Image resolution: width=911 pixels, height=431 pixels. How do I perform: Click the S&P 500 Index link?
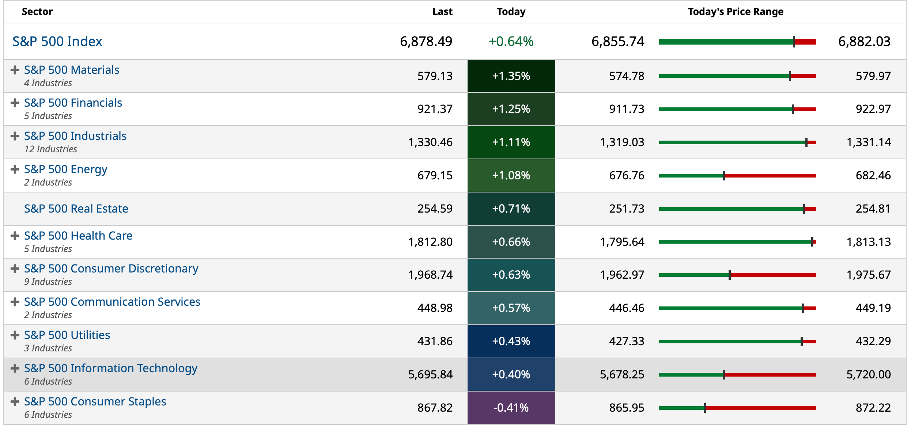click(57, 41)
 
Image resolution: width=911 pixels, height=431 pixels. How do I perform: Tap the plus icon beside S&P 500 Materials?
click(15, 70)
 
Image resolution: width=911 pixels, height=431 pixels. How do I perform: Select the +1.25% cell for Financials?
click(511, 109)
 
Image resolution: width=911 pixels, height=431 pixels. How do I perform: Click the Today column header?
click(511, 12)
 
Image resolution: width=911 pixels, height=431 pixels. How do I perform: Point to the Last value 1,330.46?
click(430, 142)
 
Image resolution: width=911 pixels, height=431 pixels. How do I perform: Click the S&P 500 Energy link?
click(66, 169)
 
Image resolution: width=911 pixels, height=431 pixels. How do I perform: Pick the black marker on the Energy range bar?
click(724, 176)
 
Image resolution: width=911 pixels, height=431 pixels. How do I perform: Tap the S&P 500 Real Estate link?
click(76, 209)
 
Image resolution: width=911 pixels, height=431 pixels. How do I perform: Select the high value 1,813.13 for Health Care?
click(869, 242)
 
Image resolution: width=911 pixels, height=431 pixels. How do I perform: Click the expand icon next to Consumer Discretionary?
click(15, 269)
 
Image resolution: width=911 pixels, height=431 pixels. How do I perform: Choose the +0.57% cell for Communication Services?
click(511, 308)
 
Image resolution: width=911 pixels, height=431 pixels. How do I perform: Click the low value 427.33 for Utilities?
click(627, 341)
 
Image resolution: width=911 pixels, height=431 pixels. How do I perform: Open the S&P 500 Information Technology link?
click(111, 368)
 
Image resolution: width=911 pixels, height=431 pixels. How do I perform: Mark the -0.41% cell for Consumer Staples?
click(511, 408)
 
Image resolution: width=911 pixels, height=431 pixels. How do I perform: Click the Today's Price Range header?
click(736, 12)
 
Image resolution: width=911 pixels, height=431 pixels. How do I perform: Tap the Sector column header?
click(37, 12)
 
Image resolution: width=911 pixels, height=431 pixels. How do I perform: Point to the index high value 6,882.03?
click(864, 41)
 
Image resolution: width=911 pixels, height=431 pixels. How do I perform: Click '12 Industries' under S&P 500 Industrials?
click(51, 149)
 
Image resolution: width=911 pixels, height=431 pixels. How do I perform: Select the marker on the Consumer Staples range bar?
click(704, 408)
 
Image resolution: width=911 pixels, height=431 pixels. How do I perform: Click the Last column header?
click(442, 12)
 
